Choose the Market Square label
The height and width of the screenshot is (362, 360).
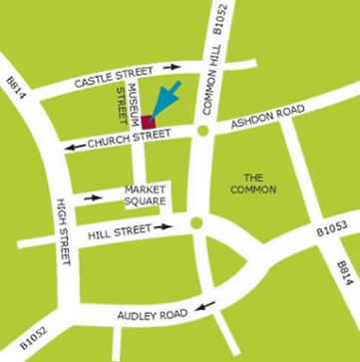(x=144, y=192)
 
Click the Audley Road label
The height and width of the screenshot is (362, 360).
(x=152, y=315)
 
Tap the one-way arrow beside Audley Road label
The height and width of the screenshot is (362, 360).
(x=204, y=305)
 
